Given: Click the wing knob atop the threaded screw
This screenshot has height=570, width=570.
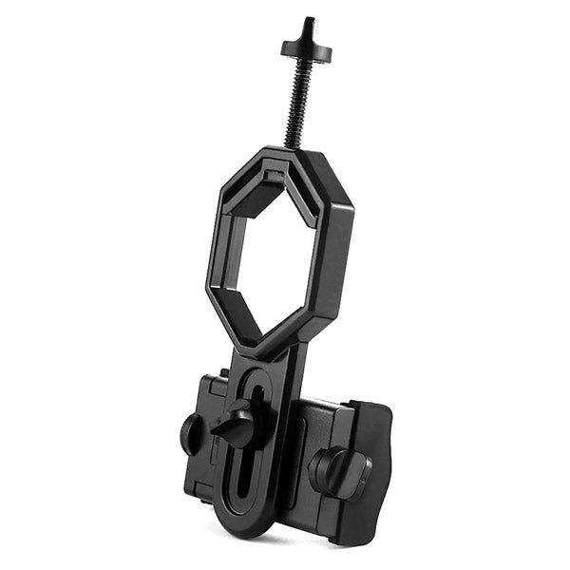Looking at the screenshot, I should [x=305, y=47].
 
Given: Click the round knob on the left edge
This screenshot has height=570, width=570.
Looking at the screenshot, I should [x=191, y=433].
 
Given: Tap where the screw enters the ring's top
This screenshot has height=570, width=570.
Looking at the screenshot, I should [x=296, y=147].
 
